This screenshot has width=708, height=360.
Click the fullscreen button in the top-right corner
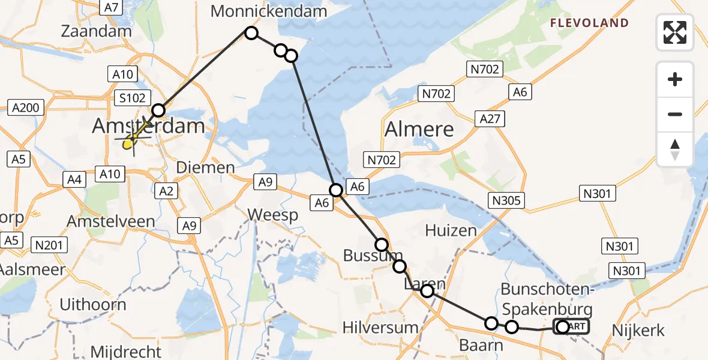[675, 32]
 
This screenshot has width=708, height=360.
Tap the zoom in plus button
[675, 80]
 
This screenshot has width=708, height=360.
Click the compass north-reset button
[675, 149]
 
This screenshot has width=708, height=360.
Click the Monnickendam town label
[269, 11]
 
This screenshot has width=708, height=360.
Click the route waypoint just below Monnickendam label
[251, 33]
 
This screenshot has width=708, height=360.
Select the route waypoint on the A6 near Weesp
[337, 190]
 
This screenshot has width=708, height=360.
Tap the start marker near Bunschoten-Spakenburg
[563, 327]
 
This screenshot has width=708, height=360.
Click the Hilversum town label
[380, 328]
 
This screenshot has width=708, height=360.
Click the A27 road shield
[490, 119]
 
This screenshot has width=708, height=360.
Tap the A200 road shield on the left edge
[25, 109]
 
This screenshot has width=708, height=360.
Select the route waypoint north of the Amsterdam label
[158, 110]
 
